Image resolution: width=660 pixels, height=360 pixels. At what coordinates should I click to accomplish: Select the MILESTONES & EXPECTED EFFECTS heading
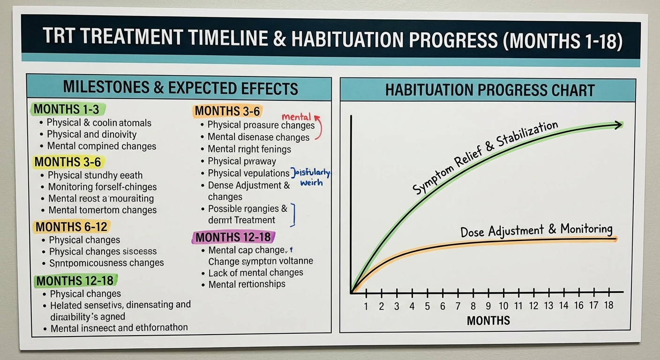[x=180, y=88]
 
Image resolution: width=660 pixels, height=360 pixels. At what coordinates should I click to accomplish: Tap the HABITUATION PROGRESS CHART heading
[x=489, y=90]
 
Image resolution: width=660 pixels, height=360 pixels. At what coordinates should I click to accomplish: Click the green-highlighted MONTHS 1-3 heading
[x=67, y=110]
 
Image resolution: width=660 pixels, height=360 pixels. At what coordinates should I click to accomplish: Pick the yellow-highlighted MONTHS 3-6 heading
[x=68, y=162]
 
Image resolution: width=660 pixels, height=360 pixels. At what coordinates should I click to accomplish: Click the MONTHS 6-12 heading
[x=72, y=227]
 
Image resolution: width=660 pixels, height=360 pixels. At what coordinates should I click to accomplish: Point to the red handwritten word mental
[x=296, y=116]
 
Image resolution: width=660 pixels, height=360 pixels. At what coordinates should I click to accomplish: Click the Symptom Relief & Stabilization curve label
[x=485, y=157]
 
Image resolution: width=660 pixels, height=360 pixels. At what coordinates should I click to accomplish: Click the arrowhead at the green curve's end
[x=618, y=125]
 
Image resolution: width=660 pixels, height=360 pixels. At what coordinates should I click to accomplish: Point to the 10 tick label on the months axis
[x=503, y=306]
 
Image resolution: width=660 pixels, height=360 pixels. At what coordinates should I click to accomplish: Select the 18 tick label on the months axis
[x=608, y=306]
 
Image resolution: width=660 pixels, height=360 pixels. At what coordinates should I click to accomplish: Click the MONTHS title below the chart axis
[x=488, y=321]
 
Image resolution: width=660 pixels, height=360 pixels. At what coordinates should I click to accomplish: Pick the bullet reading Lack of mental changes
[x=255, y=273]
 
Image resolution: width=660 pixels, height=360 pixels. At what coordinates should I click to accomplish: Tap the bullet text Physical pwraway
[x=242, y=161]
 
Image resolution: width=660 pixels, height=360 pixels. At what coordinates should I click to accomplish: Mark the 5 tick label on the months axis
[x=427, y=306]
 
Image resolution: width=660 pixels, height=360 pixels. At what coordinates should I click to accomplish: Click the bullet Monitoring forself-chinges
[x=102, y=187]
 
